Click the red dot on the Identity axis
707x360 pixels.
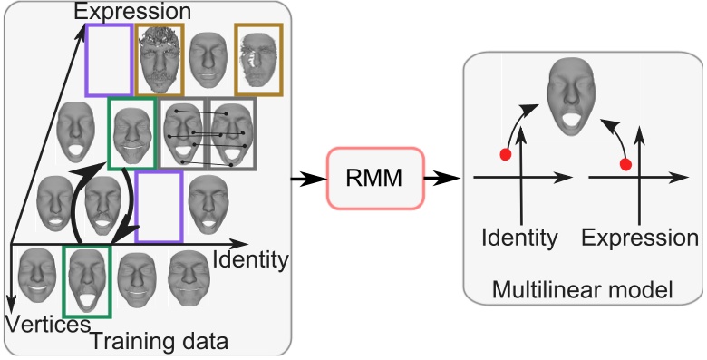506,155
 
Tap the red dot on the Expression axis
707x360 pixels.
625,164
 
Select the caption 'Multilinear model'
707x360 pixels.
583,290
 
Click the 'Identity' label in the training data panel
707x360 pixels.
249,261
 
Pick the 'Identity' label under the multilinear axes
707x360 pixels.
519,238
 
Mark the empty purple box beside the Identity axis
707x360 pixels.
160,208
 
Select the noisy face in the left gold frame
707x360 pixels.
161,59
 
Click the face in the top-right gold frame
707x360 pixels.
258,59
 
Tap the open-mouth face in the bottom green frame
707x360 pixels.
87,281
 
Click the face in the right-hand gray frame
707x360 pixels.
232,133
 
